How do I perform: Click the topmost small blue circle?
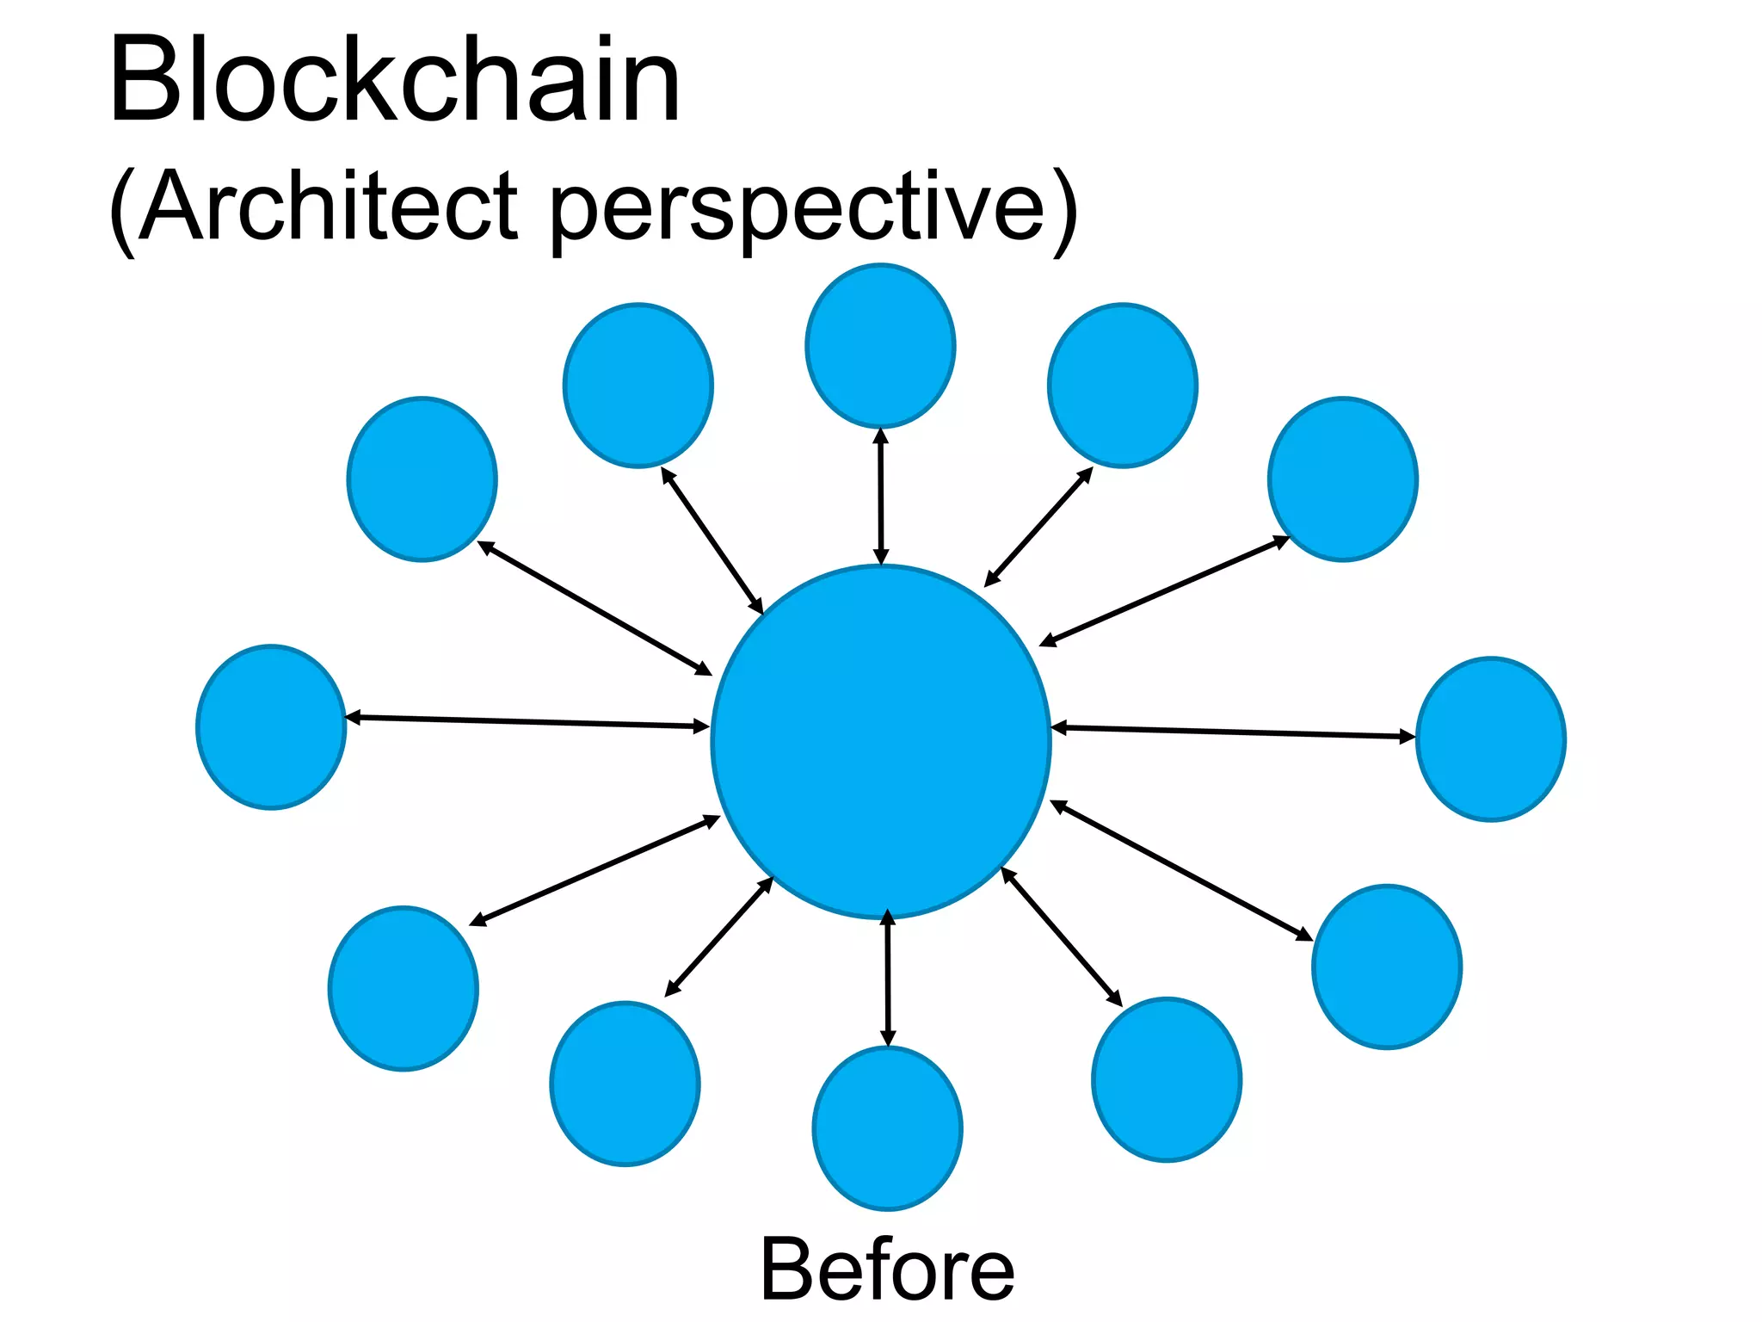880,345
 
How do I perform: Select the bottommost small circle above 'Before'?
887,1128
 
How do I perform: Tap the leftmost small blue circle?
271,727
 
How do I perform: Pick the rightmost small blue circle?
1491,739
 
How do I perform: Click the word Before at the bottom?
887,1269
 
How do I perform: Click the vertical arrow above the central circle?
880,497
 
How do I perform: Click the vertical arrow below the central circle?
888,979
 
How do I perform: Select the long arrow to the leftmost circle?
527,722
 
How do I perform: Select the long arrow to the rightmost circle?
1233,732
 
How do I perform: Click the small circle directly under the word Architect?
422,479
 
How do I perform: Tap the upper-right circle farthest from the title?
1342,479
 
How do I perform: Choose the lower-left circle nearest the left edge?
403,988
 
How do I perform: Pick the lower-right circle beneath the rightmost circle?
1386,967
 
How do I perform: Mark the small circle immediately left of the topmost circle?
638,386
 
